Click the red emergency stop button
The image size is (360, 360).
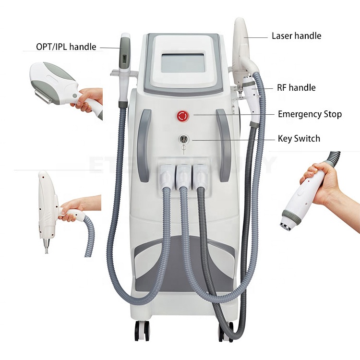[x=182, y=116]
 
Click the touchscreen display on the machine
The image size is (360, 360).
[x=182, y=62]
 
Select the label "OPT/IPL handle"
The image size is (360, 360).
[x=66, y=47]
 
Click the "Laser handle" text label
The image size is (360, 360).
[x=297, y=36]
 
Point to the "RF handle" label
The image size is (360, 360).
[x=296, y=87]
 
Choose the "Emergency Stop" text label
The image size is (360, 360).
[x=310, y=114]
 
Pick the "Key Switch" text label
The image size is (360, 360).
[x=299, y=139]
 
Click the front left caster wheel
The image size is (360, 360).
[x=142, y=331]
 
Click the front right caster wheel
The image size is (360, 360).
[x=226, y=331]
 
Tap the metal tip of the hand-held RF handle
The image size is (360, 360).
[x=286, y=227]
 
